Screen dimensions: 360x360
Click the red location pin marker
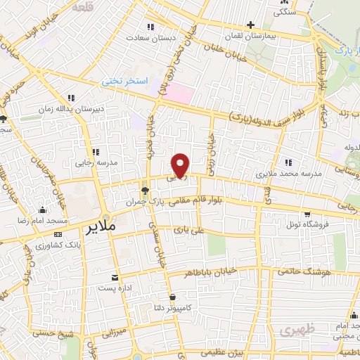[181, 165]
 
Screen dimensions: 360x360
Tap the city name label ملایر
[99, 229]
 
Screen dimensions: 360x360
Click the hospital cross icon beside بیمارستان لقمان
[250, 25]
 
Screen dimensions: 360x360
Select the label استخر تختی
[124, 82]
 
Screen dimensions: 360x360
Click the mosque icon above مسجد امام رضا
[41, 210]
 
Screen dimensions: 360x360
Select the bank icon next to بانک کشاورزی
[57, 234]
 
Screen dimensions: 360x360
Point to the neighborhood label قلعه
[84, 8]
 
